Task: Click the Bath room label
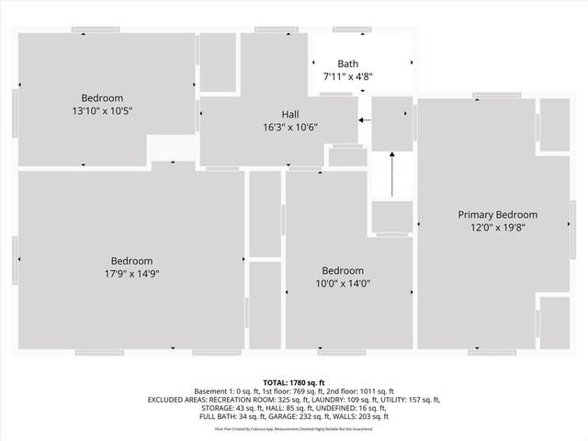347,63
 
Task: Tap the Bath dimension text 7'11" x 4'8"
347,76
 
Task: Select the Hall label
289,115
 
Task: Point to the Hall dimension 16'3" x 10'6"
289,128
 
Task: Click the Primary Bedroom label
497,214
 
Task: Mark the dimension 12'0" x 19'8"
497,227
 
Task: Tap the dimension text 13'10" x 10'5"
102,110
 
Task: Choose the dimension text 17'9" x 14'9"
132,273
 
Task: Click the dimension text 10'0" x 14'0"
342,284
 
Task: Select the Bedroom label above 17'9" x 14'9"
132,260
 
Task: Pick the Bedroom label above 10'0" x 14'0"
342,271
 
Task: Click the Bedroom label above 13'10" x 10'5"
102,97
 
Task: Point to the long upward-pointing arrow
392,175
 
